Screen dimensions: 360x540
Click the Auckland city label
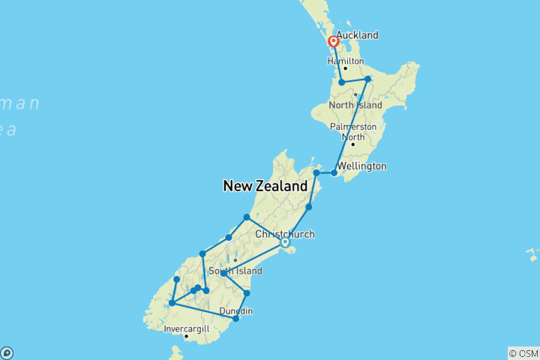pos(357,35)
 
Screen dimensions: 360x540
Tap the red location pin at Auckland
pos(333,43)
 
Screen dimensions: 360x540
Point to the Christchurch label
pos(285,234)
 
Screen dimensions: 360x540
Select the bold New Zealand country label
pos(265,186)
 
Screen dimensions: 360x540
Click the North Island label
pos(356,105)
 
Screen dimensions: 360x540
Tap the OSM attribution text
pos(523,352)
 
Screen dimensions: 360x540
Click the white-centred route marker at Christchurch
pos(285,242)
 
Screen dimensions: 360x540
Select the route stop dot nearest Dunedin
pos(235,319)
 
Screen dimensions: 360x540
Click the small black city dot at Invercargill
pos(186,337)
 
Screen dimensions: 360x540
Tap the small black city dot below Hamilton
pos(345,69)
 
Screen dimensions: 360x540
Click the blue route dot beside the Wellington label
pos(334,172)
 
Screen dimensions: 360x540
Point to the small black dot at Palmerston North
pos(352,144)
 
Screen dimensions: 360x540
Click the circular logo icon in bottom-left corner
pos(7,352)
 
